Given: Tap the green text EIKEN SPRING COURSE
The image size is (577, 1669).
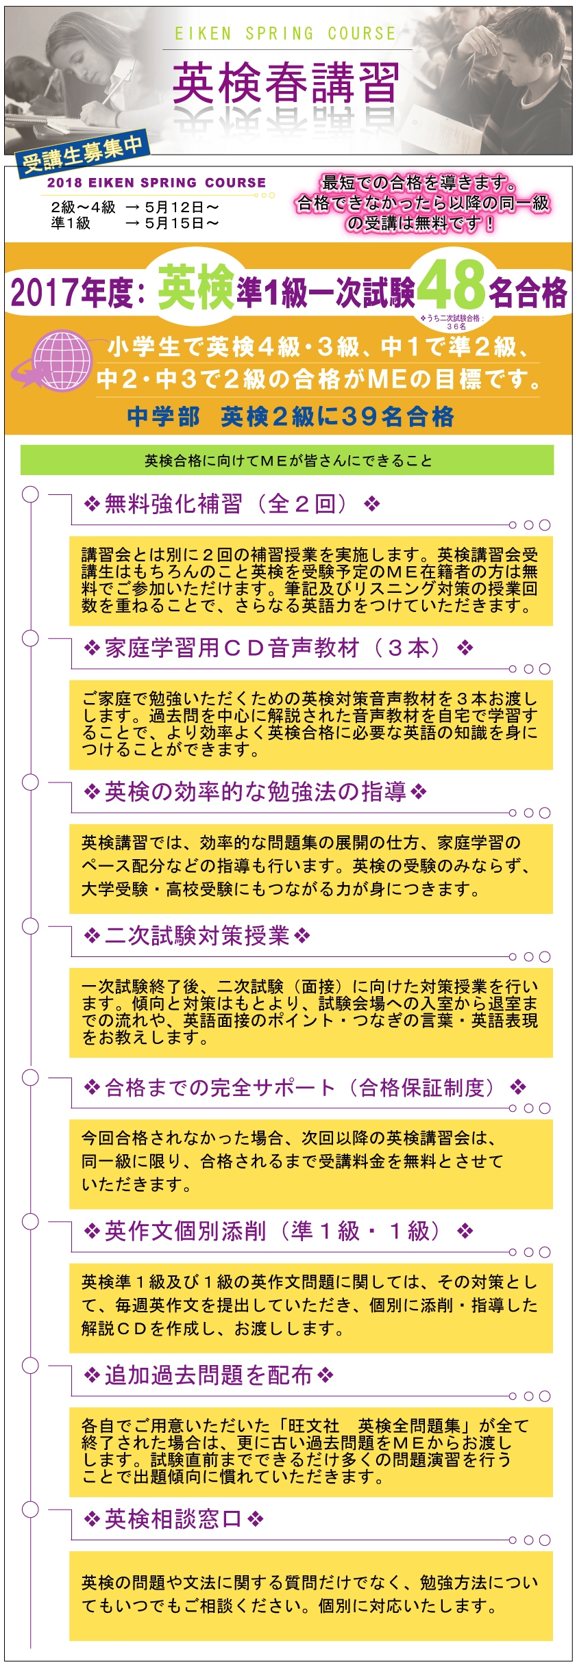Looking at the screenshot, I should click(285, 34).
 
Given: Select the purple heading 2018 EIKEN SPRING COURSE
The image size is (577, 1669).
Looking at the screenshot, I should click(156, 183).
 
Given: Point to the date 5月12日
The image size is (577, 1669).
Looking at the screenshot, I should click(182, 207).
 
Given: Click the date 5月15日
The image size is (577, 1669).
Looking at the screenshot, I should click(182, 223).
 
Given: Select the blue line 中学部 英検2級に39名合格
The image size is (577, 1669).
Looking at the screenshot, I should click(291, 416).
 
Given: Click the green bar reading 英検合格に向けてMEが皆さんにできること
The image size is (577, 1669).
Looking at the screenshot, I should click(287, 460).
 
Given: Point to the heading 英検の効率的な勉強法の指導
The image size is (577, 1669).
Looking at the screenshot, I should click(255, 792).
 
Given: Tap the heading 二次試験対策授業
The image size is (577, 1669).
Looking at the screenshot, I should click(197, 936).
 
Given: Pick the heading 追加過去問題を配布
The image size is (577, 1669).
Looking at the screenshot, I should click(208, 1375).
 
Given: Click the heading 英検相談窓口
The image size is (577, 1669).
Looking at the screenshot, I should click(173, 1519).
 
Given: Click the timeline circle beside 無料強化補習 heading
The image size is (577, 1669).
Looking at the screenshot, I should click(30, 494).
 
